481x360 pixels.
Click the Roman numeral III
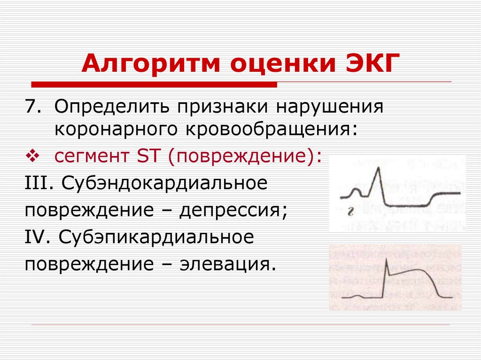[38, 183]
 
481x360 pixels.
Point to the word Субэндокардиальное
[164, 183]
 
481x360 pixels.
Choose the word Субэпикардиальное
[157, 237]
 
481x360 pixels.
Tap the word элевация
[225, 264]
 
